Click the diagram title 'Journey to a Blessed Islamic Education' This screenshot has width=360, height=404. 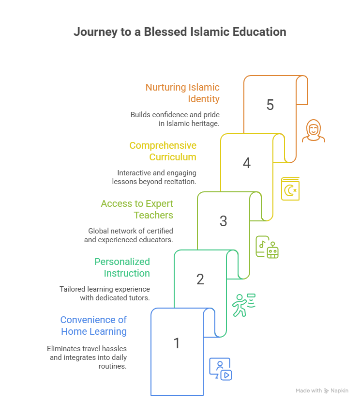click(x=180, y=32)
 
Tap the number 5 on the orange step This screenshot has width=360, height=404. click(x=270, y=105)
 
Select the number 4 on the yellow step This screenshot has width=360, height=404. click(x=247, y=163)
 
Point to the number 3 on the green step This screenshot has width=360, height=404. click(x=223, y=221)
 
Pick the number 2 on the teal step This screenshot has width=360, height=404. click(x=200, y=280)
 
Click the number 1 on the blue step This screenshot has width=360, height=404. click(x=177, y=343)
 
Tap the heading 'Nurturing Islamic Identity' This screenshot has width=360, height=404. click(x=182, y=93)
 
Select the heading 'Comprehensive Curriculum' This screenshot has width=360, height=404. click(x=163, y=151)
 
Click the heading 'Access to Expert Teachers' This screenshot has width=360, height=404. click(x=137, y=209)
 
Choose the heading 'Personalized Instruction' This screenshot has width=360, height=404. click(x=122, y=267)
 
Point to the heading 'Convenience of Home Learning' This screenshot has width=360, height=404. click(x=93, y=326)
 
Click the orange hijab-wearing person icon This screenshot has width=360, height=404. click(x=314, y=131)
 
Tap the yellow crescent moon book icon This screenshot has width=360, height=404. click(x=290, y=189)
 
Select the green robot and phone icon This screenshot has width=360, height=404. click(x=267, y=247)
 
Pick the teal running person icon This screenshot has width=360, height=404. click(x=243, y=305)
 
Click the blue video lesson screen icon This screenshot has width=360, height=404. click(x=220, y=369)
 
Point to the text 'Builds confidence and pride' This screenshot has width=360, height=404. click(x=175, y=115)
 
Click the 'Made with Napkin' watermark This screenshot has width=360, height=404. click(x=322, y=390)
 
